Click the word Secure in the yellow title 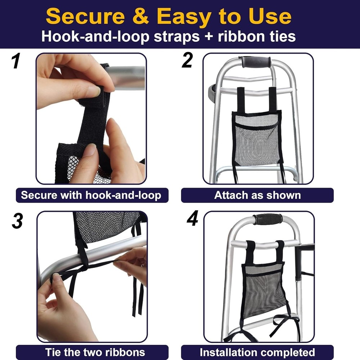pos(85,17)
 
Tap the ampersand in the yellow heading pos(141,17)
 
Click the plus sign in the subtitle pos(208,37)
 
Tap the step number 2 pos(187,60)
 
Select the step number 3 pos(17,221)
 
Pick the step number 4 pos(192,218)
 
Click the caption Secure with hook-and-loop pos(91,195)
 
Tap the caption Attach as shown pos(257,195)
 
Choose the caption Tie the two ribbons pos(95,352)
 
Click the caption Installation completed pos(257,352)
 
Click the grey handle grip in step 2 pos(255,62)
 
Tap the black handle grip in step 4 pos(268,219)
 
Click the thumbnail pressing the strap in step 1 pos(94,91)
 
